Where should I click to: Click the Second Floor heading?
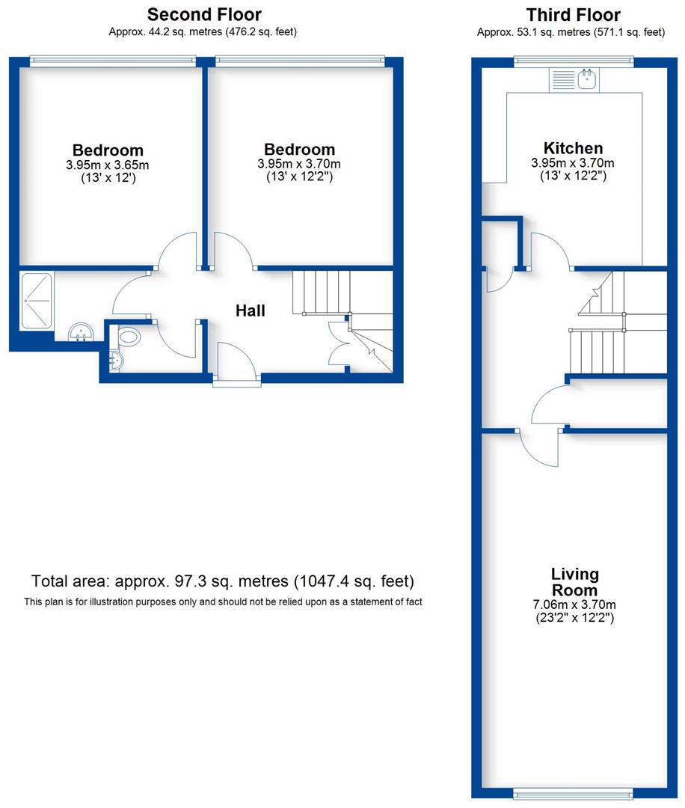(x=204, y=14)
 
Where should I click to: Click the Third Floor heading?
(x=573, y=14)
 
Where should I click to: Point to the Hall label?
(x=251, y=310)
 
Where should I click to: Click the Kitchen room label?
(x=573, y=148)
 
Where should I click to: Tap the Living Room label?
(x=575, y=582)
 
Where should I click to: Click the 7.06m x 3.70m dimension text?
(x=575, y=605)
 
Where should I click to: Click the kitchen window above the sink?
(x=574, y=61)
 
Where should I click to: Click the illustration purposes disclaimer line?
(x=223, y=602)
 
